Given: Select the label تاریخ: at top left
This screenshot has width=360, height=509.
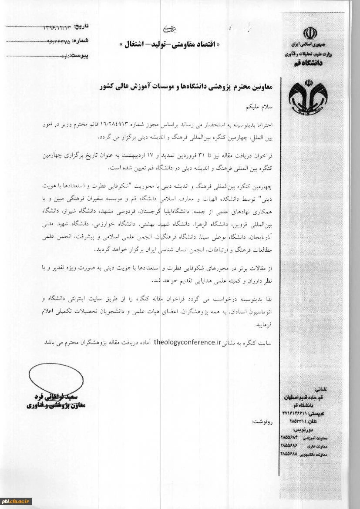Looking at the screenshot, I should pos(87,27).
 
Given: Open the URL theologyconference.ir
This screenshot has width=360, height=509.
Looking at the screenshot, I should pos(184,343).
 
